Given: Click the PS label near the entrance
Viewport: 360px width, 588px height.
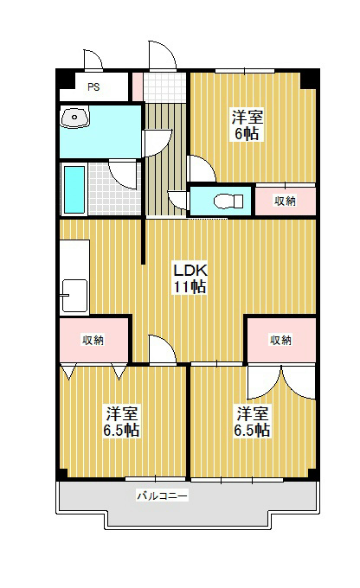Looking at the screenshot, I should (x=93, y=87).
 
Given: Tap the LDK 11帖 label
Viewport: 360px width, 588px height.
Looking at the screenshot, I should (x=189, y=278).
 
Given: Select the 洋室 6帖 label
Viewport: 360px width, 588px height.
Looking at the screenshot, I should (x=247, y=125).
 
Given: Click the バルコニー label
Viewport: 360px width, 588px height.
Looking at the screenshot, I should (x=162, y=496).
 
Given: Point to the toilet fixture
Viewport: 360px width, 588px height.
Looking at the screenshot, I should (x=222, y=201).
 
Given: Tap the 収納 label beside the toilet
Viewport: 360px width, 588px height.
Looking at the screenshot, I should (x=285, y=201).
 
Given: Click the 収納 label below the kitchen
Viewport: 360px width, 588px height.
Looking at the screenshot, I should (x=93, y=340).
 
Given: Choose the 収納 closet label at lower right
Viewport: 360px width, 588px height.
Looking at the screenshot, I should (x=279, y=340).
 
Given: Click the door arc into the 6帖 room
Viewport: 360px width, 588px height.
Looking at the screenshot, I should (x=196, y=168).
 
